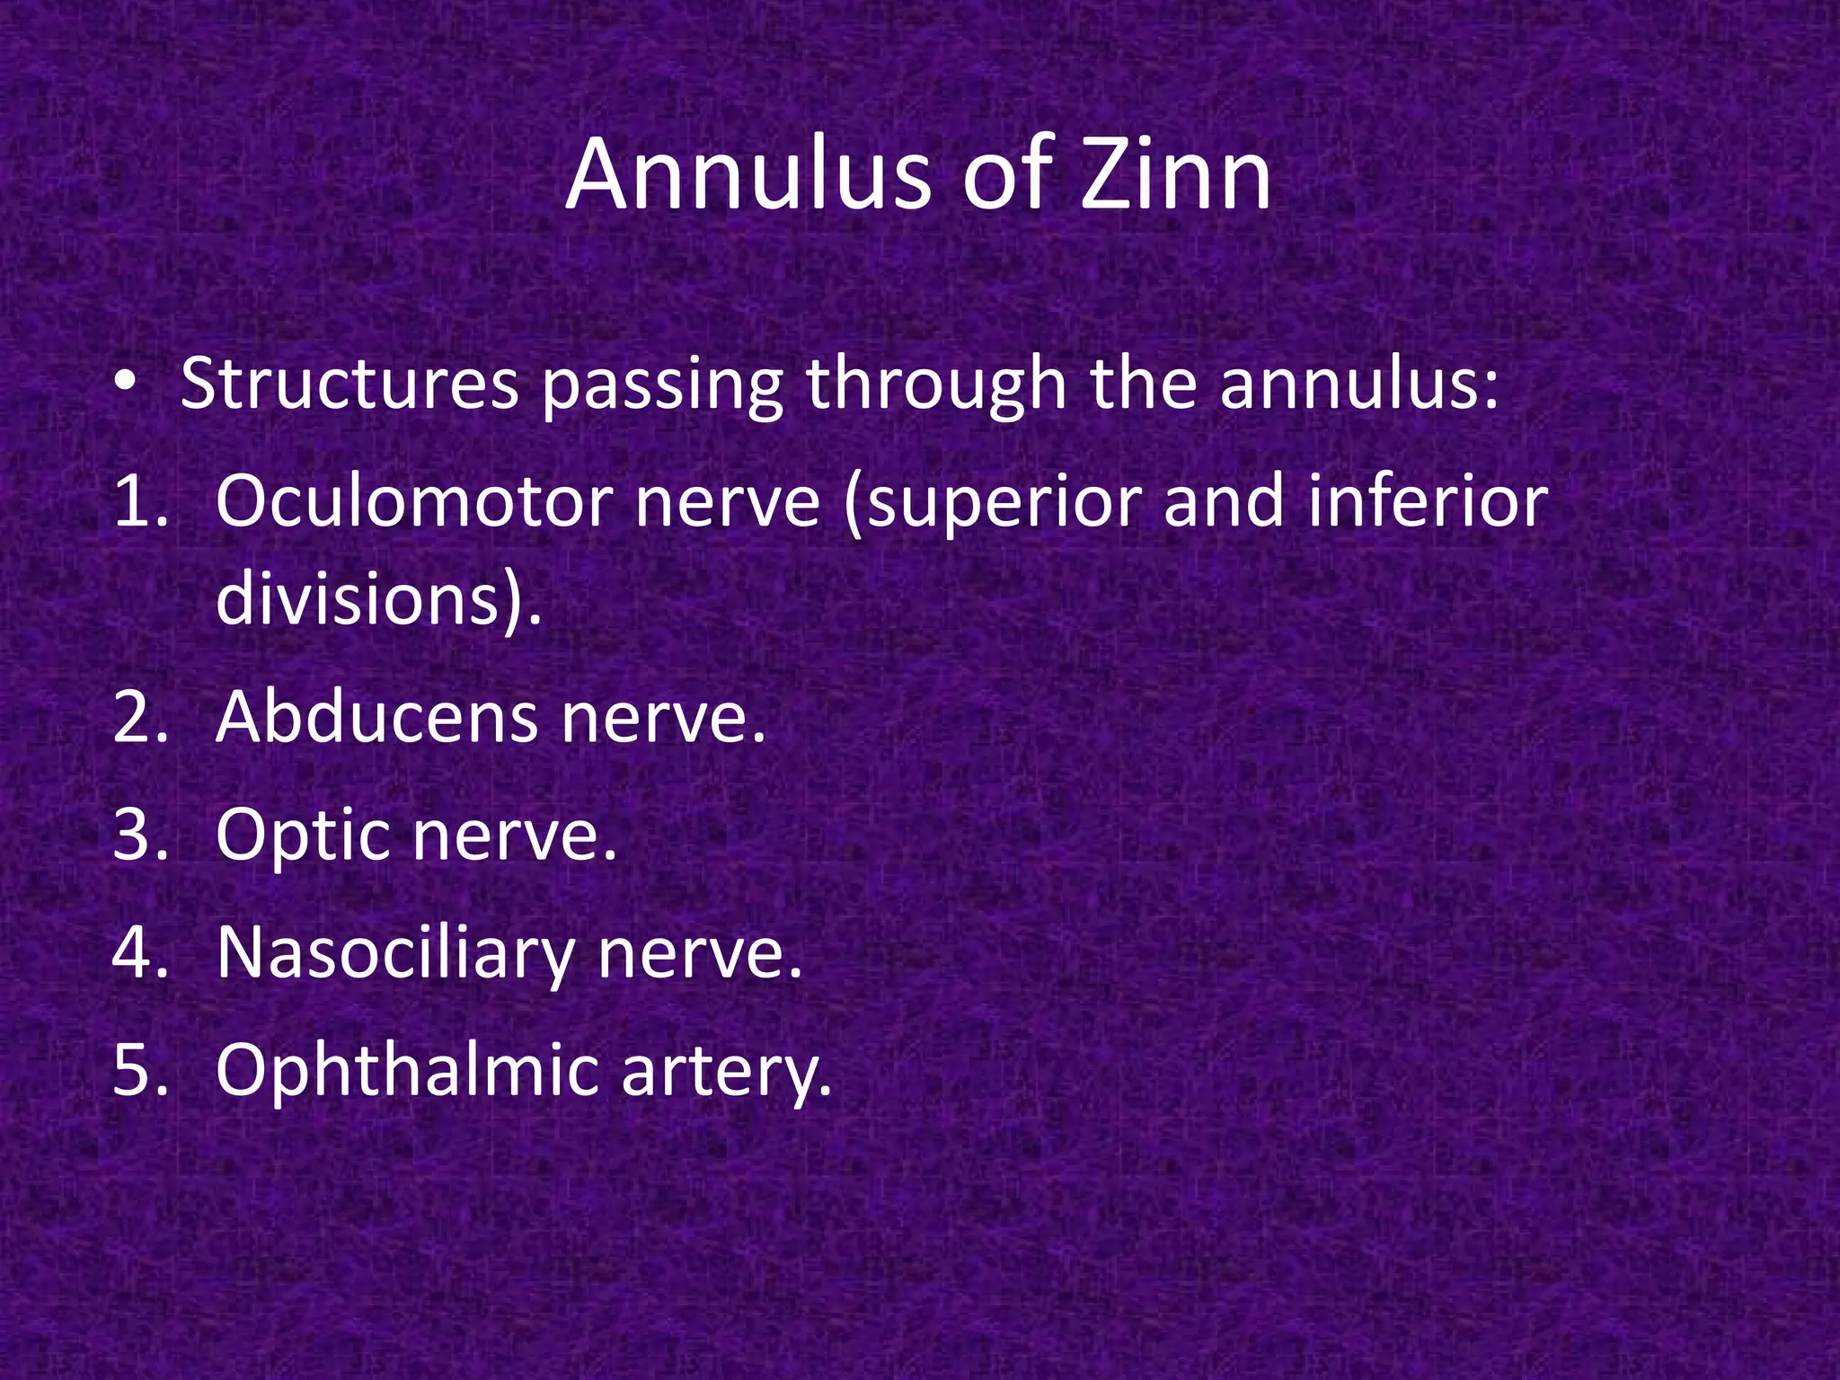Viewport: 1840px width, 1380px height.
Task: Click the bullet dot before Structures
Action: [126, 383]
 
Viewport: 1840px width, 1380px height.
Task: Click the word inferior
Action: [1428, 501]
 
